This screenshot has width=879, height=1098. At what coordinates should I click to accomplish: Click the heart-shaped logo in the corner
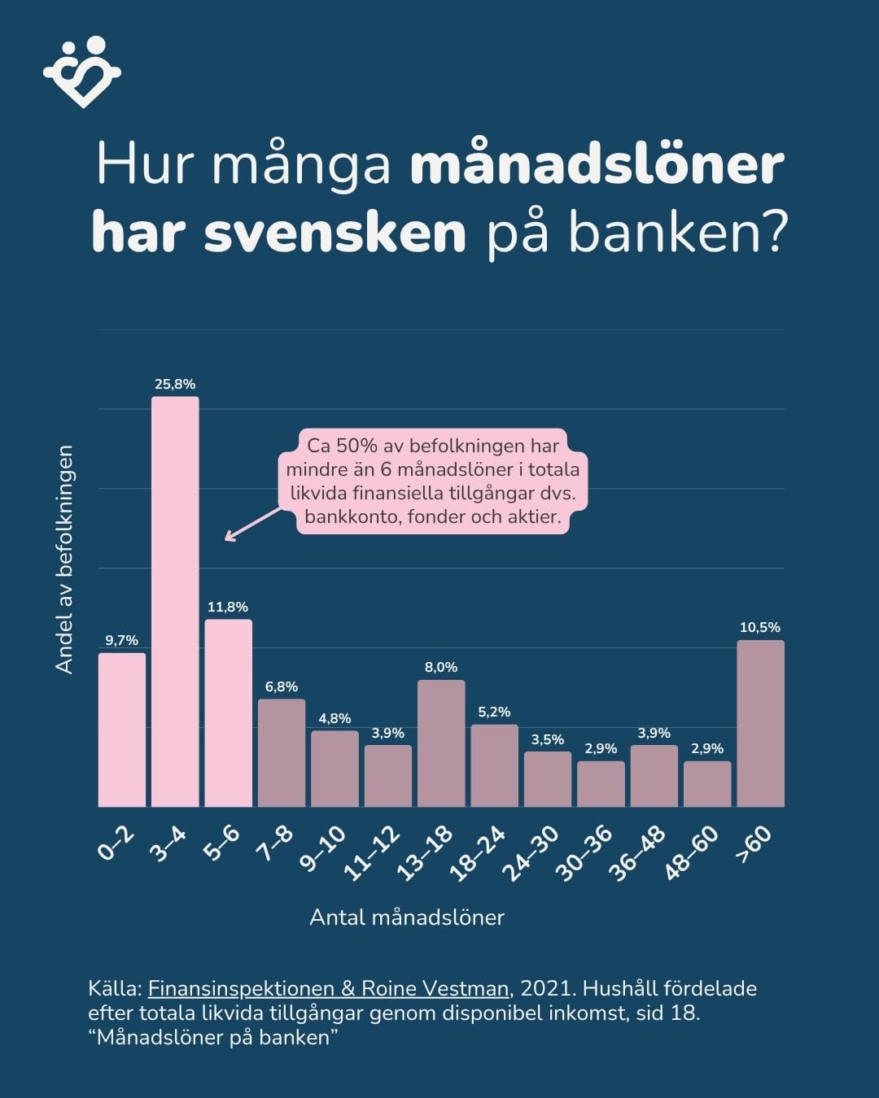[x=81, y=72]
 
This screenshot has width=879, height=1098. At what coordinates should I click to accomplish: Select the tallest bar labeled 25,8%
[x=175, y=602]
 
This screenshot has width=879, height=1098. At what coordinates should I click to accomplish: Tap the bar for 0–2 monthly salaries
[x=122, y=730]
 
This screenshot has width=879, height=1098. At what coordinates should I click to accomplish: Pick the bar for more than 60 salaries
[x=760, y=723]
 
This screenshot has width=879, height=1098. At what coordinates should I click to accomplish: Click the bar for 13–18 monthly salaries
[x=441, y=743]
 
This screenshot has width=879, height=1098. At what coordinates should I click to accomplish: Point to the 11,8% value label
[x=228, y=607]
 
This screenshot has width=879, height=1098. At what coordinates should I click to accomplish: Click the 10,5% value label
[x=760, y=627]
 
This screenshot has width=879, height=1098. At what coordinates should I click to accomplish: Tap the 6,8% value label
[x=282, y=686]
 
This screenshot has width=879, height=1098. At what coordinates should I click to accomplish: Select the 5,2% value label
[x=494, y=712]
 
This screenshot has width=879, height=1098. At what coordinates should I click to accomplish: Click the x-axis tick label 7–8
[x=274, y=847]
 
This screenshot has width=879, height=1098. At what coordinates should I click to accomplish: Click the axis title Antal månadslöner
[x=407, y=917]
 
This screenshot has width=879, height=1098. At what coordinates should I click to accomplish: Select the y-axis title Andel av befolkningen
[x=64, y=559]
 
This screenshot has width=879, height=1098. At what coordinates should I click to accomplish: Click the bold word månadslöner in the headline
[x=597, y=165]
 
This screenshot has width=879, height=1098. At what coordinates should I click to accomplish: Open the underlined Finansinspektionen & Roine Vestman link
[x=329, y=988]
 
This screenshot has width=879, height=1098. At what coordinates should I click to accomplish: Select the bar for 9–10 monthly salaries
[x=335, y=769]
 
